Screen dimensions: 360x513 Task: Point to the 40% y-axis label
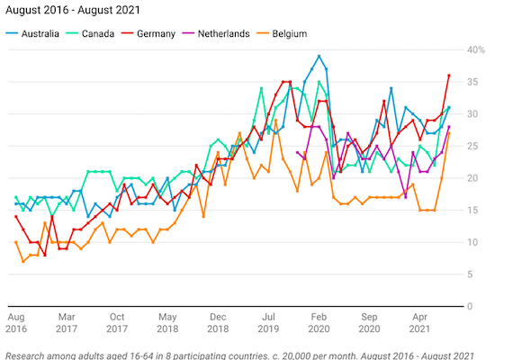[474, 49]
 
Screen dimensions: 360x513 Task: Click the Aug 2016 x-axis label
[16, 323]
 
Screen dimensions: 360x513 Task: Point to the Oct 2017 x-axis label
[117, 323]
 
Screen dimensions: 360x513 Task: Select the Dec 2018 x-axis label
[218, 323]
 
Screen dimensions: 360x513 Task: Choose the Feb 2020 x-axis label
[319, 323]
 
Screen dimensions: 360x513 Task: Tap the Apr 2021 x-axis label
[419, 323]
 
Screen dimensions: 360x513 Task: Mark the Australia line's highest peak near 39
[319, 56]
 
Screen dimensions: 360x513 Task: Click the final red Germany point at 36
[449, 76]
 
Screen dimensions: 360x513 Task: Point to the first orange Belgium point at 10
[16, 242]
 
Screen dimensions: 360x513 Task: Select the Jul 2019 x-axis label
[268, 323]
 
